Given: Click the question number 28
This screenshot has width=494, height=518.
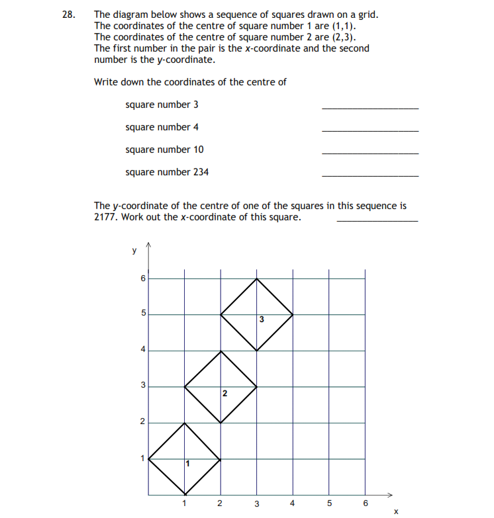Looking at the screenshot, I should pyautogui.click(x=68, y=14).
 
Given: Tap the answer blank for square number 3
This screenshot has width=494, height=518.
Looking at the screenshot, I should pyautogui.click(x=370, y=108).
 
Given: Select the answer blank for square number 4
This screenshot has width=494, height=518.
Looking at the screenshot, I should pyautogui.click(x=370, y=130).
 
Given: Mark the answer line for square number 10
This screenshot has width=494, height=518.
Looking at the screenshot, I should pyautogui.click(x=370, y=153).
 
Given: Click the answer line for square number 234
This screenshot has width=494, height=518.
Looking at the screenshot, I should pyautogui.click(x=370, y=175).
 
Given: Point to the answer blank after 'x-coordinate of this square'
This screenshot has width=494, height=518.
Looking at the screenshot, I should pyautogui.click(x=377, y=220).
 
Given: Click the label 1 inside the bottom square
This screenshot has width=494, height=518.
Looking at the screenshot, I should pyautogui.click(x=187, y=463).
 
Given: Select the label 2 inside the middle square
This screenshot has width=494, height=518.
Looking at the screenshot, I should pyautogui.click(x=224, y=394).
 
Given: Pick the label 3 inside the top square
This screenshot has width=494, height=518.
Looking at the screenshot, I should pyautogui.click(x=262, y=320).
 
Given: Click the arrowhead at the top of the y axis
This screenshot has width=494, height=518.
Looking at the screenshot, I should pyautogui.click(x=148, y=247).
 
